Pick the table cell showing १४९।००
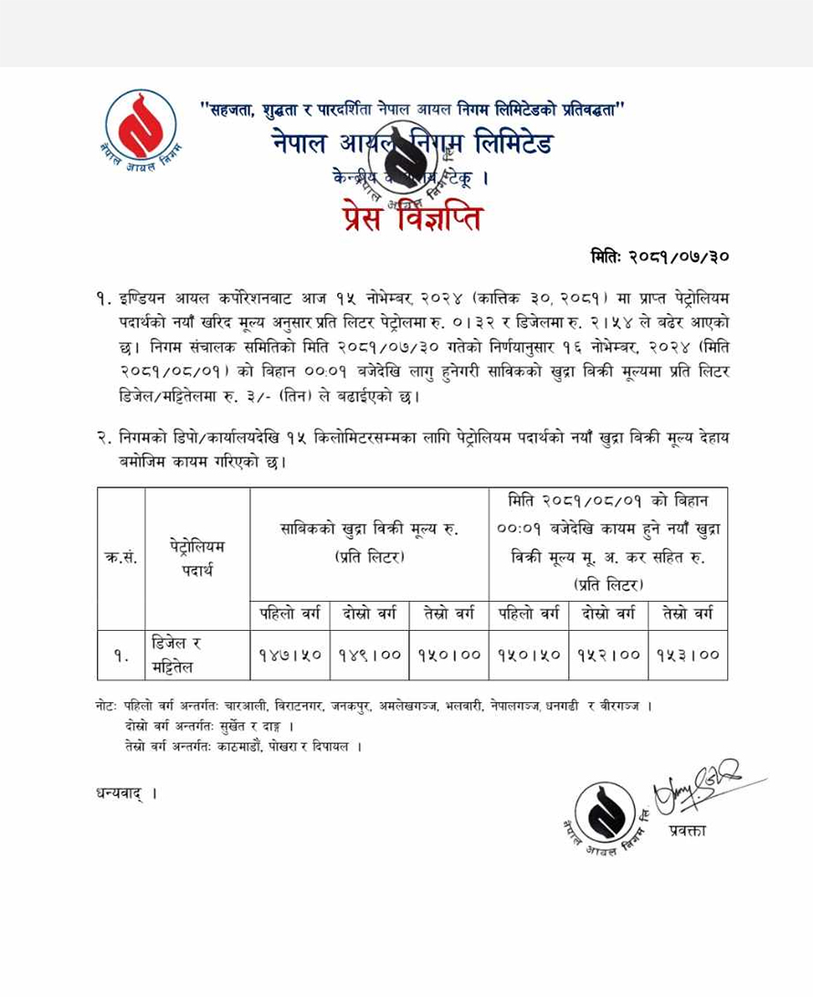(x=370, y=655)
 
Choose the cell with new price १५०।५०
(x=530, y=655)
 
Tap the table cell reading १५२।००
(x=609, y=655)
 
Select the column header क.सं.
(x=121, y=557)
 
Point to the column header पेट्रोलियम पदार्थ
(x=197, y=557)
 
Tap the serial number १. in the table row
(x=121, y=655)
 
